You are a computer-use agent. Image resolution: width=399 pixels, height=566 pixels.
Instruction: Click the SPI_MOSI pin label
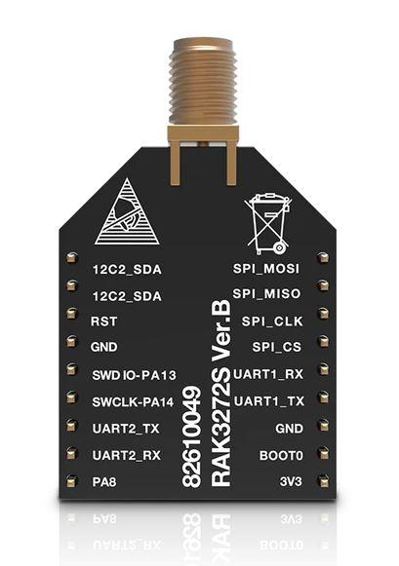(266, 269)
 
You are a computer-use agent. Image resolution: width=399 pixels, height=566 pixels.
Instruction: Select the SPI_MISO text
(266, 293)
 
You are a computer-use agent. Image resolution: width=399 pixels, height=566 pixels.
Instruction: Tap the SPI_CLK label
(272, 321)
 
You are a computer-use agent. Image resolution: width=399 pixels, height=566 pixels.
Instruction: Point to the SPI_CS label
(276, 347)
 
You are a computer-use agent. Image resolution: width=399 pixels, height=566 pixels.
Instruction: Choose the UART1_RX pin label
(268, 374)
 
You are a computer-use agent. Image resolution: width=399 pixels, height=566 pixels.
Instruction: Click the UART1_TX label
(269, 401)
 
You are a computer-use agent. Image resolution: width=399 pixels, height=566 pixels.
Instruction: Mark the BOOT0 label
(281, 456)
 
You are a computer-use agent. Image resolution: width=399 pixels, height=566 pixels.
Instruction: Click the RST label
(103, 321)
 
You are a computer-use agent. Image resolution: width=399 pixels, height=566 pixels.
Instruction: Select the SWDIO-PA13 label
(134, 375)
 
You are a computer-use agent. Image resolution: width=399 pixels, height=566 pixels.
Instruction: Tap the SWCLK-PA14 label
(133, 401)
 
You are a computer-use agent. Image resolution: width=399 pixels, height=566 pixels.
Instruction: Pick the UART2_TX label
(126, 429)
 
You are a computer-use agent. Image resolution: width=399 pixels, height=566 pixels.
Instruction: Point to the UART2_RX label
(127, 455)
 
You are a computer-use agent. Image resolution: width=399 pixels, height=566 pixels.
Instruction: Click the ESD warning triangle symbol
(127, 213)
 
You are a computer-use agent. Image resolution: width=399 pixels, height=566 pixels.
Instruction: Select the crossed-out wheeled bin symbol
(268, 224)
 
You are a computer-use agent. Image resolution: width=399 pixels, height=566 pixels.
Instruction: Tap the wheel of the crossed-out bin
(279, 248)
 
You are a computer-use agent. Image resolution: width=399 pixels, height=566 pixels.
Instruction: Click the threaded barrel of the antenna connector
(203, 81)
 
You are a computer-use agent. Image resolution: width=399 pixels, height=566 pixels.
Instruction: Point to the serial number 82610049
(191, 436)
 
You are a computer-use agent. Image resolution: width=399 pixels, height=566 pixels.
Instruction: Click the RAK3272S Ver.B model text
(220, 394)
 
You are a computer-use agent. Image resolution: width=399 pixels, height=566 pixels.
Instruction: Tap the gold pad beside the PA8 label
(72, 481)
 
